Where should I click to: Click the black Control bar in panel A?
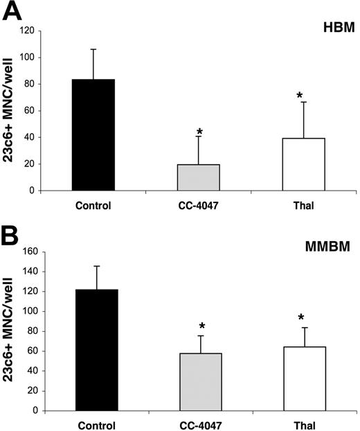93,135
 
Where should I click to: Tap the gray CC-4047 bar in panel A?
199,177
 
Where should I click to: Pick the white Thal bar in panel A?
304,164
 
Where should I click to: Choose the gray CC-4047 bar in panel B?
199,382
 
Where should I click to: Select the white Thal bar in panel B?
304,379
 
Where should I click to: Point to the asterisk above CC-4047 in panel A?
199,132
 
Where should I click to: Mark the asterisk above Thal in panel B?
301,319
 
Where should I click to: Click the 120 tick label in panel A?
46,31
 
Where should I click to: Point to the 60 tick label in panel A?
48,111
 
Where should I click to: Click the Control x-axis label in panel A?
93,205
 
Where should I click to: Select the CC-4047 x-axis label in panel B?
199,423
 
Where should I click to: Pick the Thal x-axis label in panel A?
304,205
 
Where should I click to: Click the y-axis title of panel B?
13,330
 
